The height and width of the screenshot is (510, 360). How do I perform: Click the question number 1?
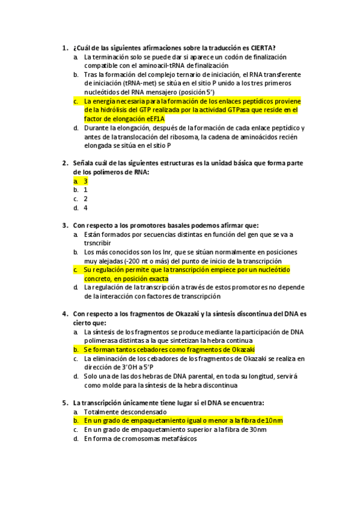pos(64,48)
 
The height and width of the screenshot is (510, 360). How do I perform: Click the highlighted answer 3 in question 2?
pos(86,181)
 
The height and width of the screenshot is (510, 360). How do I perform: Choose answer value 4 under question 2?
pos(86,207)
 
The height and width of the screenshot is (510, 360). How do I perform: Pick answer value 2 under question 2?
pos(86,198)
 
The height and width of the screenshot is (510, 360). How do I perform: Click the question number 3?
pos(64,226)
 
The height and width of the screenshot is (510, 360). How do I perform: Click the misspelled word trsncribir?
pos(99,243)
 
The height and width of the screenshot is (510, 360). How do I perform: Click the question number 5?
pos(64,403)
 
